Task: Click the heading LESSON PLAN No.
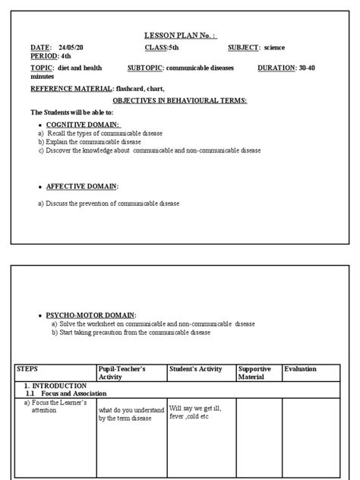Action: (181, 35)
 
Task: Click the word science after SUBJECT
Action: (275, 48)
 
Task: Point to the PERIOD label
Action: (45, 56)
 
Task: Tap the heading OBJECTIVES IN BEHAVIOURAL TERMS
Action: (179, 100)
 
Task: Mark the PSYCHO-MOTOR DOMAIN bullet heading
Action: (91, 314)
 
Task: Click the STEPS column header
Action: (27, 369)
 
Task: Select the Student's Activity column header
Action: (196, 369)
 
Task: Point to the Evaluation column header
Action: (300, 369)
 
